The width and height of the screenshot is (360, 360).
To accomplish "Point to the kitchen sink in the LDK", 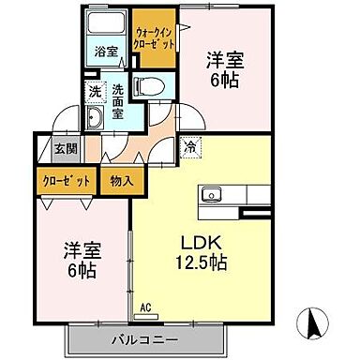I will coord(209,196).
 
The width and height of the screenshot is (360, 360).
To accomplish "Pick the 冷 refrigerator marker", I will coord(190,145).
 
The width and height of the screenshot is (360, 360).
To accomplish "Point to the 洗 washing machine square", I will coord(95,92).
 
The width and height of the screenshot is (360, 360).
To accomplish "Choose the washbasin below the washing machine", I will coord(96,119).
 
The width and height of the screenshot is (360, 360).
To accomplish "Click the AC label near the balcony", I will coord(145,306).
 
